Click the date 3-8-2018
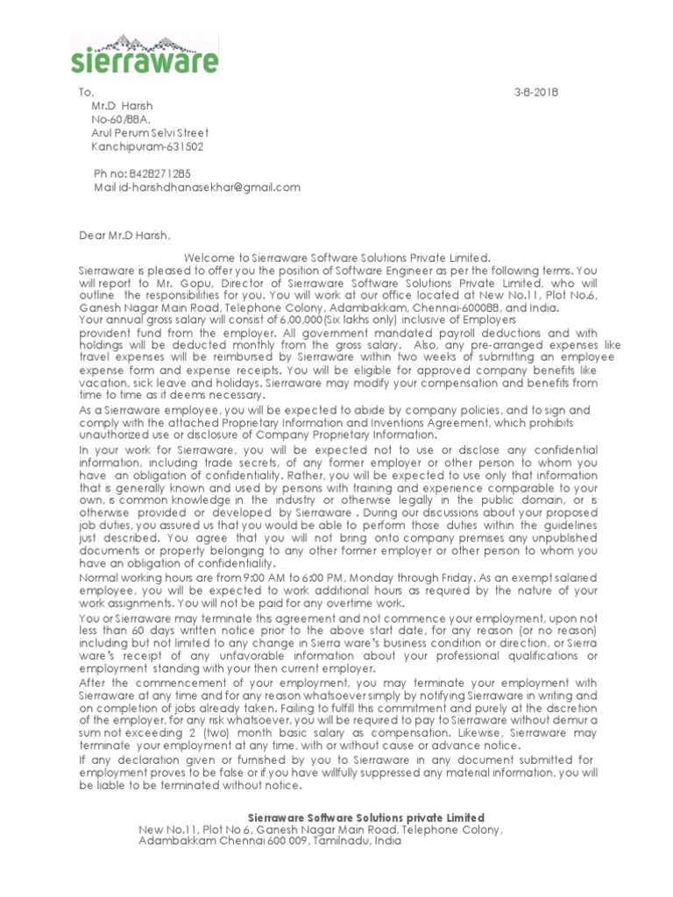coord(535,93)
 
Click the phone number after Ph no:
coord(159,173)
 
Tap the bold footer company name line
coord(366,817)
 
